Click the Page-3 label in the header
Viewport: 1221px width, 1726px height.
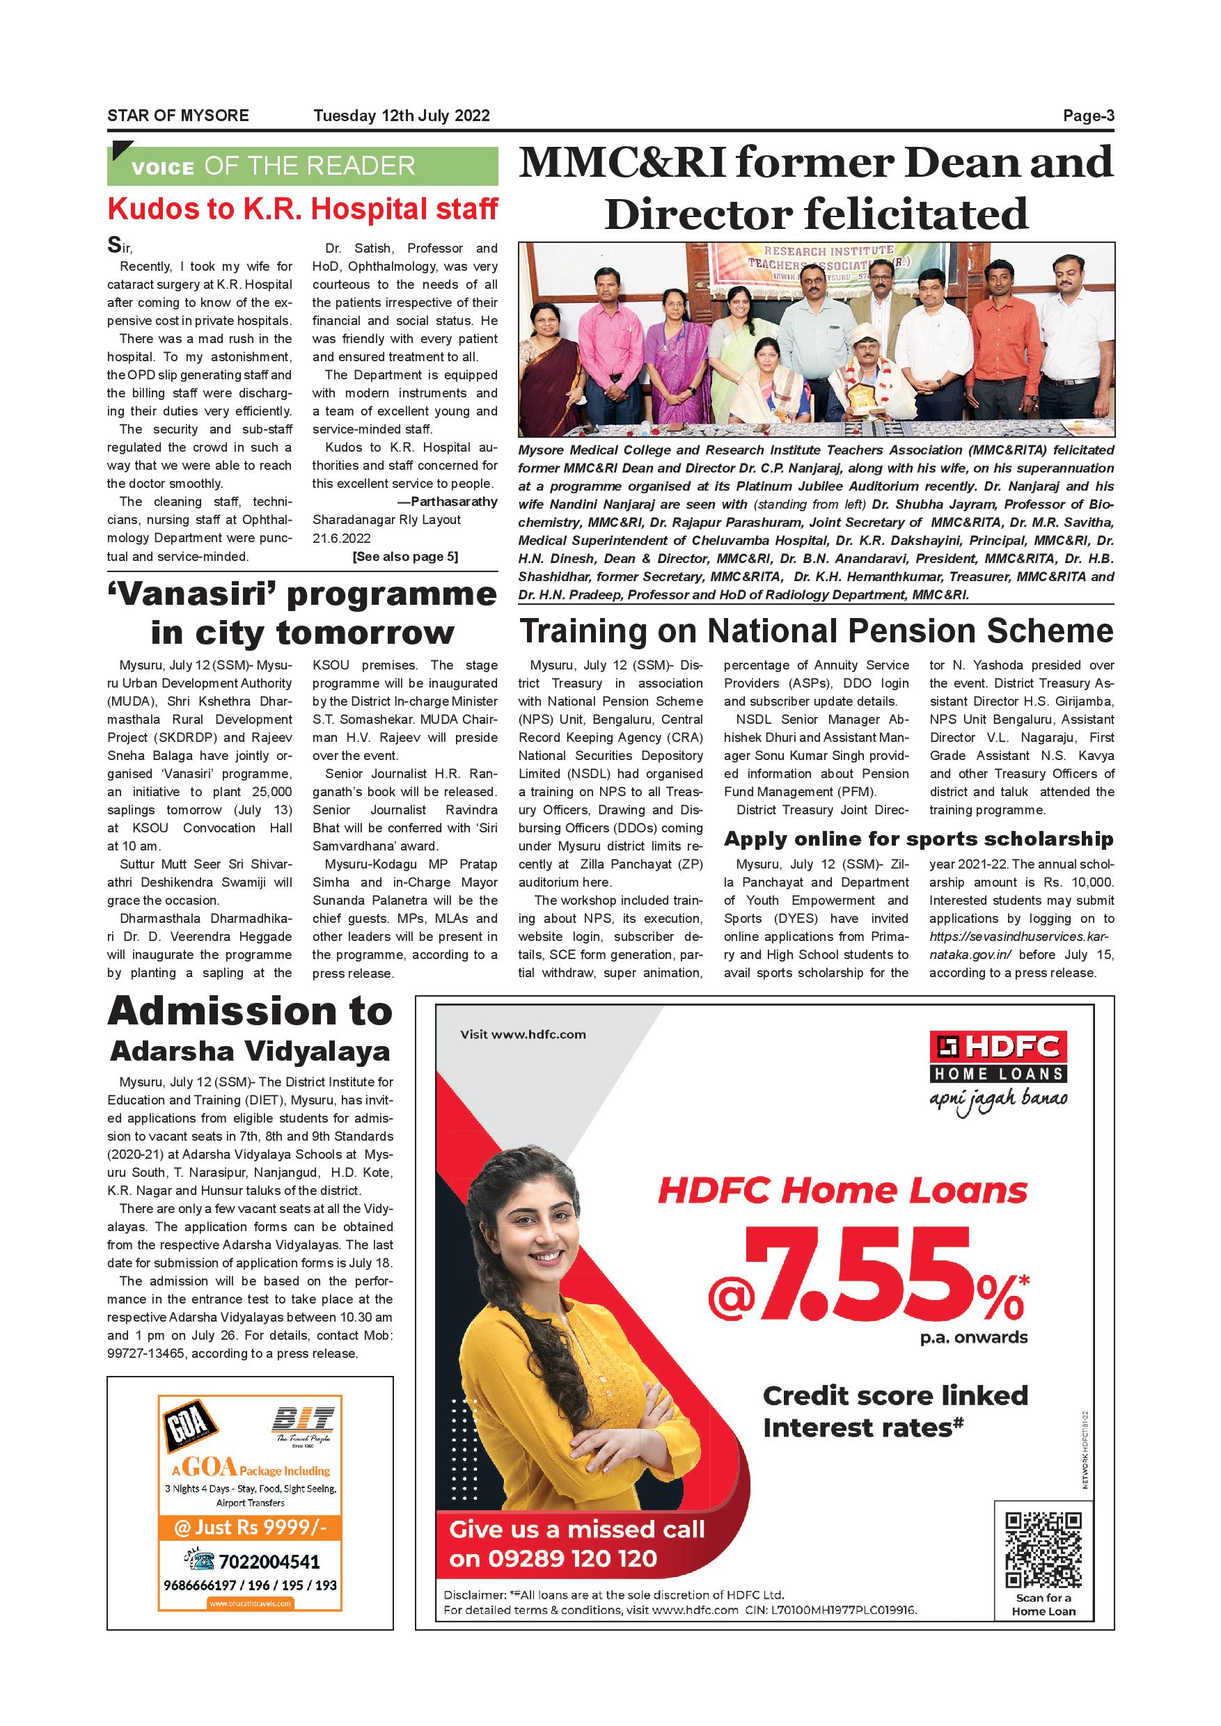click(1088, 116)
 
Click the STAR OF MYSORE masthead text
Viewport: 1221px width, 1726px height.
click(178, 116)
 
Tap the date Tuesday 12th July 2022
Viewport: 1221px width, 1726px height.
click(402, 116)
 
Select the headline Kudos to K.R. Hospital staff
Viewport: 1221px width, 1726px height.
click(302, 209)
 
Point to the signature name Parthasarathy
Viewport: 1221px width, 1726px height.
click(453, 501)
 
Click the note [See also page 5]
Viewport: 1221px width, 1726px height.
click(404, 556)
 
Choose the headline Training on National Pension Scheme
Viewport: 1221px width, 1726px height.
click(816, 631)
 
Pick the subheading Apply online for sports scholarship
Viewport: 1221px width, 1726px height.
click(918, 839)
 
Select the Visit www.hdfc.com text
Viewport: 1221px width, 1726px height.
click(523, 1034)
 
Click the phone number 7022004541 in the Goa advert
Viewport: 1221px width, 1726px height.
click(269, 1561)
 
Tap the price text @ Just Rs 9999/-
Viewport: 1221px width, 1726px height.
click(251, 1527)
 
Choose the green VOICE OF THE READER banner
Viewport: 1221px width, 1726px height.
click(302, 166)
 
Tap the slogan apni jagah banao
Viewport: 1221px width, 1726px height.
click(998, 1100)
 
